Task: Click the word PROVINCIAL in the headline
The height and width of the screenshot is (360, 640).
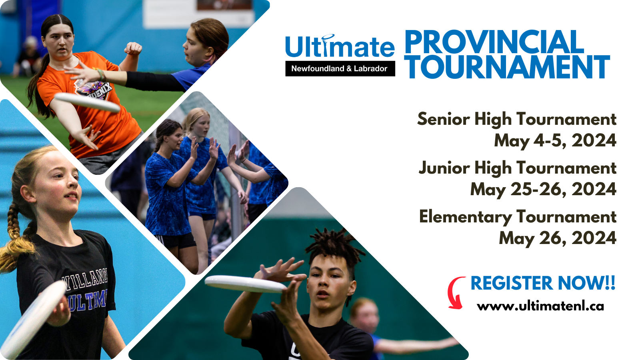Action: tap(494, 42)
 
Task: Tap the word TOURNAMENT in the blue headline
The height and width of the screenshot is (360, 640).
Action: tap(507, 67)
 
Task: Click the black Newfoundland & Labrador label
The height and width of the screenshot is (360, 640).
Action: tap(340, 68)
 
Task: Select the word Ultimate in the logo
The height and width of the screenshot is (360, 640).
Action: tap(340, 47)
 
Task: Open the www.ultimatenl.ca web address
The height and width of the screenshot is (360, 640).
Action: tap(540, 306)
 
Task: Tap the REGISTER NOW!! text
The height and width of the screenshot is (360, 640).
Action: tap(542, 283)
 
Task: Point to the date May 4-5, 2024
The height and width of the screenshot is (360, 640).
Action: tap(555, 141)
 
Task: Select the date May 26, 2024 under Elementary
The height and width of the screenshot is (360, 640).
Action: tap(557, 238)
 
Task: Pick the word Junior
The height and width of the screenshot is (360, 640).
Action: tap(444, 168)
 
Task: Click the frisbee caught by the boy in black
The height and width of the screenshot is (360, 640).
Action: tap(244, 284)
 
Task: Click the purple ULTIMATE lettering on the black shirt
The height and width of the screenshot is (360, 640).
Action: tap(86, 300)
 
